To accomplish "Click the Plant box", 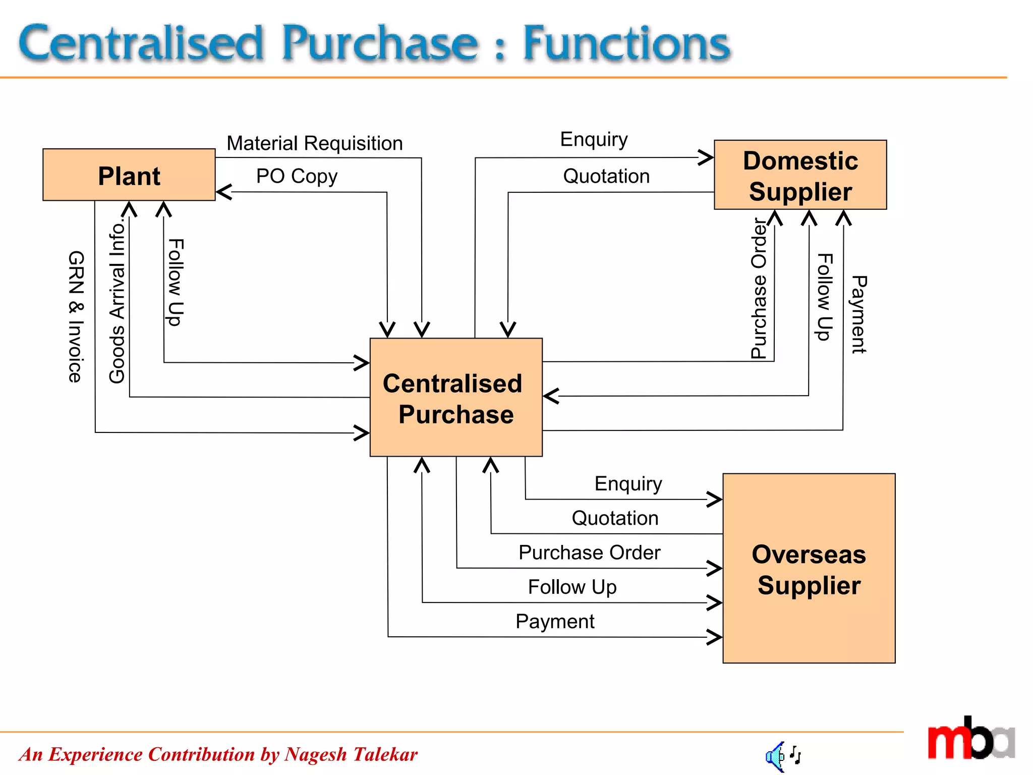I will click(x=129, y=175).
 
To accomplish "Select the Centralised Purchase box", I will click(x=455, y=398).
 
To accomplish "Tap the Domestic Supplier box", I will click(x=800, y=175).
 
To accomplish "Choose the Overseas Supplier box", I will click(x=809, y=568).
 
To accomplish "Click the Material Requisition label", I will click(x=315, y=143).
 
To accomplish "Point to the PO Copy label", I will click(x=297, y=176).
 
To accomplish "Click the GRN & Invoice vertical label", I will click(x=76, y=316).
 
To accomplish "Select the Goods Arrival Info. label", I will click(x=117, y=301).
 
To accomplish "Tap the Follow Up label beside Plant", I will click(x=176, y=282).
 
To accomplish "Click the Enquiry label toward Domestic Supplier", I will click(x=594, y=139).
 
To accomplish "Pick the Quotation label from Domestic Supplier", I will click(x=606, y=176).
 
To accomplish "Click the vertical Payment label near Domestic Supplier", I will click(x=858, y=314).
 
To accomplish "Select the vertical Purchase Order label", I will click(x=759, y=288).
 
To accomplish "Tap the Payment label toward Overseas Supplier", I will click(x=555, y=622).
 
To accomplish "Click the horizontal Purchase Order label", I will click(x=589, y=552).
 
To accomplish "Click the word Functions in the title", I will click(x=626, y=43).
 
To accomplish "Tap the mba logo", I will click(x=970, y=739).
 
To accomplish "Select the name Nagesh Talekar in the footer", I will click(x=351, y=754).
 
